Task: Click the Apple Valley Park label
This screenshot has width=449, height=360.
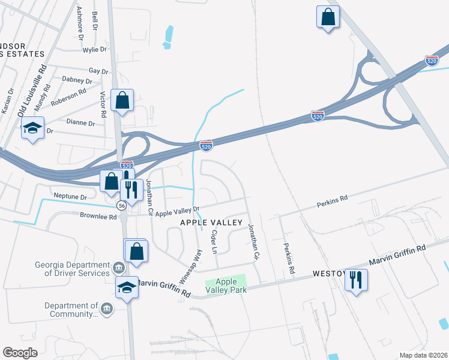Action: tap(226, 286)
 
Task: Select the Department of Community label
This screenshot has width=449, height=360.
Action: tap(71, 310)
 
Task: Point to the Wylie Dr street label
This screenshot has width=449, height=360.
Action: tap(95, 50)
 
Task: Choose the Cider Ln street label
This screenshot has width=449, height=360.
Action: tap(214, 241)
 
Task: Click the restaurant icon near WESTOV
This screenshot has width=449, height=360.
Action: tap(357, 280)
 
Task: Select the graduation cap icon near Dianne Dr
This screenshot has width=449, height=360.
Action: tap(32, 128)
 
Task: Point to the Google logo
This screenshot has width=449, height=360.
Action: tap(20, 353)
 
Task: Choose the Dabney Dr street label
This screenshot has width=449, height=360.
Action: tap(77, 80)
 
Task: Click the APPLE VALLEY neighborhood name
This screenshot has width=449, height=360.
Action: tap(212, 223)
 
